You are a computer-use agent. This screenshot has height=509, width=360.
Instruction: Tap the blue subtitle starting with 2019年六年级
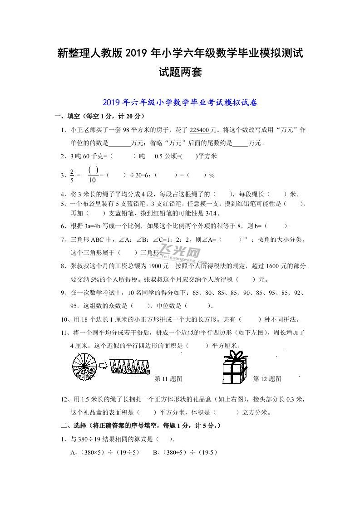[180, 103]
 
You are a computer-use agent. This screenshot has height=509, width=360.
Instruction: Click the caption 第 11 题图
[168, 379]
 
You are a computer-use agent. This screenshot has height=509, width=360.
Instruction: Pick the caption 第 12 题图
[267, 379]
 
